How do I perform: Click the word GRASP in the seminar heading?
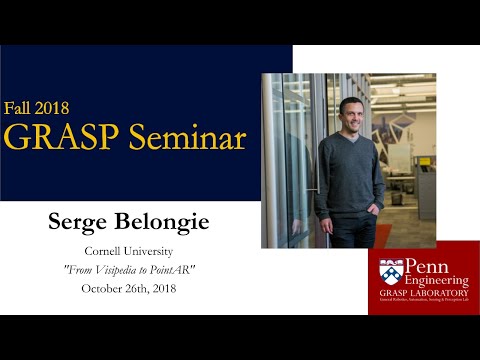tap(55, 138)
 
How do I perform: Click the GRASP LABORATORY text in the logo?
tap(428, 292)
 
